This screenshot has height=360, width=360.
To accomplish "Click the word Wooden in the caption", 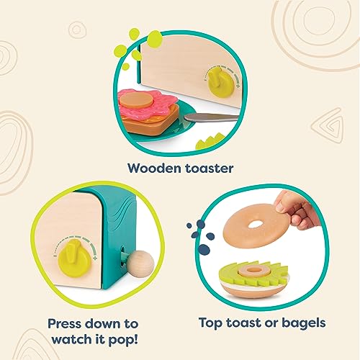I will click(153, 168).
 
